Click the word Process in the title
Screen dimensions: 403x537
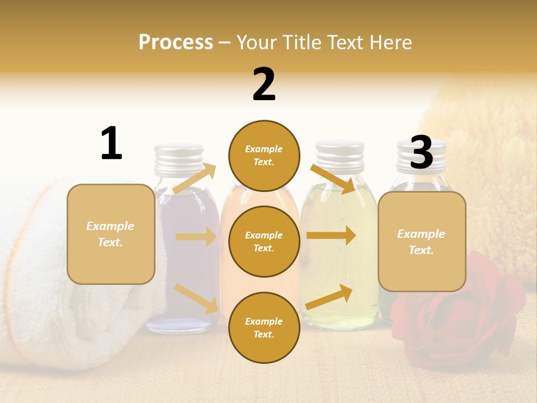(176, 42)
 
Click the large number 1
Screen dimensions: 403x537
(111, 143)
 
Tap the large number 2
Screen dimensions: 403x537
(264, 85)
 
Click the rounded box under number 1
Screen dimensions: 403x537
(111, 234)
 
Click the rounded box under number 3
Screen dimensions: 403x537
(422, 241)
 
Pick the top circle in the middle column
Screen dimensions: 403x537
(264, 156)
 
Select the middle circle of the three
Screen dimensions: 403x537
(264, 241)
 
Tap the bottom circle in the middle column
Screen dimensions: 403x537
(264, 327)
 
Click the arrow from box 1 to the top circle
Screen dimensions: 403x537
(194, 179)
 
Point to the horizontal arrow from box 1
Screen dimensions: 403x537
(196, 237)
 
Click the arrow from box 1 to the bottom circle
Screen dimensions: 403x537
(196, 298)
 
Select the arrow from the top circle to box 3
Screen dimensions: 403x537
(333, 179)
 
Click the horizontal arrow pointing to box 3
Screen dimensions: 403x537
(331, 235)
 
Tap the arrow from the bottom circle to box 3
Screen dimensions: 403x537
(329, 297)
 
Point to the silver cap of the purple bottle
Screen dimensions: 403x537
(179, 156)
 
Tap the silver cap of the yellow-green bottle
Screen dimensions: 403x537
(340, 154)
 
